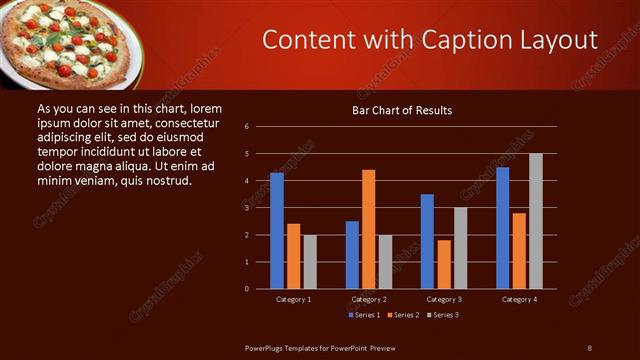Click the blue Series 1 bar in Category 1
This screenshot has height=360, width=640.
tap(277, 231)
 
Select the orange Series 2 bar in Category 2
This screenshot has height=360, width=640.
tap(369, 229)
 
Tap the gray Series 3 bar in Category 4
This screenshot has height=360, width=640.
tap(536, 221)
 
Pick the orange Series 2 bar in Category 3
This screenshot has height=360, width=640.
tap(444, 264)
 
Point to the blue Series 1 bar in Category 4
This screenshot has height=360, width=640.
tap(502, 228)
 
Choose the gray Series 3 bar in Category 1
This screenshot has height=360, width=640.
tap(310, 262)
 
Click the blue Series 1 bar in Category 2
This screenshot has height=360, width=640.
tap(352, 255)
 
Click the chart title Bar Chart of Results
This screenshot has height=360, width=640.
tap(402, 110)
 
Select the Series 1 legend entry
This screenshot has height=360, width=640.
tap(362, 315)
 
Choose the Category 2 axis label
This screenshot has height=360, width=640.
tap(369, 299)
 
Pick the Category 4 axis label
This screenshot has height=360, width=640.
tap(519, 299)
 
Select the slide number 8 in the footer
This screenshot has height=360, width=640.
tap(589, 347)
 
